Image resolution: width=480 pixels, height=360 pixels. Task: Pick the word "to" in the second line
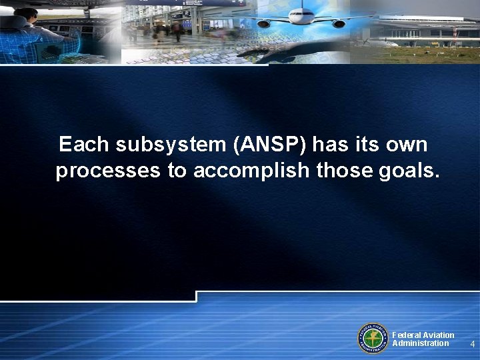click(x=177, y=171)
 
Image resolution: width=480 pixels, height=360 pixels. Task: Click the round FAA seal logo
click(x=374, y=338)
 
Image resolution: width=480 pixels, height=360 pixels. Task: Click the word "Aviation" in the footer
click(x=438, y=335)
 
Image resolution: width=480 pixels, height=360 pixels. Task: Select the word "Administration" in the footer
click(x=421, y=343)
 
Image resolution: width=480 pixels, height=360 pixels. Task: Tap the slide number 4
click(x=472, y=344)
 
